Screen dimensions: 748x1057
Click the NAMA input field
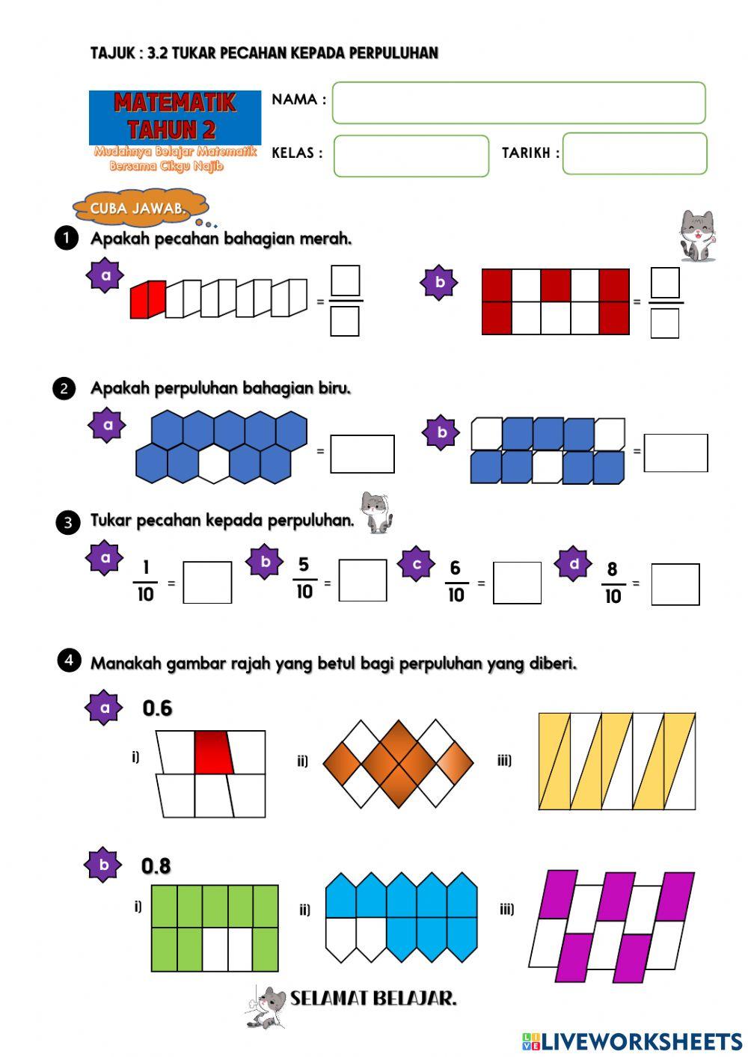point(518,103)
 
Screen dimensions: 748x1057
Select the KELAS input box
point(411,156)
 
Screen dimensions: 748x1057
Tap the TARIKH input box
point(635,153)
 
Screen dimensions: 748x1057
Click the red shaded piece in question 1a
point(147,299)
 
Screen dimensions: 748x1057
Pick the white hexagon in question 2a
point(214,464)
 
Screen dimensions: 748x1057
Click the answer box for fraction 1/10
point(207,582)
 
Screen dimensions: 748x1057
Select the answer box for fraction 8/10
point(675,584)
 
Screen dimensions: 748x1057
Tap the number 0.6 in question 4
point(157,708)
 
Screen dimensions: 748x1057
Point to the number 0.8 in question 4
point(156,866)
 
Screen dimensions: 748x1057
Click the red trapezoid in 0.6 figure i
point(214,753)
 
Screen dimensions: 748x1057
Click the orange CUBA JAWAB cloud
point(140,208)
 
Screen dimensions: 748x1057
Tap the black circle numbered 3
point(67,523)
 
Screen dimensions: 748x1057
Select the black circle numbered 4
point(69,660)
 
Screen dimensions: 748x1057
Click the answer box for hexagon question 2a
point(362,453)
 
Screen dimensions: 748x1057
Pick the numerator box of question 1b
point(665,282)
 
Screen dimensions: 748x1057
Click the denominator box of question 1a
point(345,321)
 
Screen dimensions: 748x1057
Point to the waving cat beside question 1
point(697,236)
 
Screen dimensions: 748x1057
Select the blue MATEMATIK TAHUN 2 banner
point(174,117)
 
